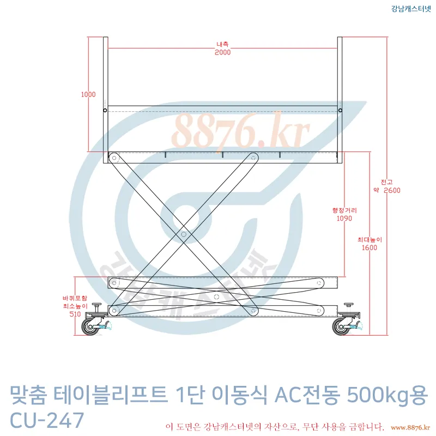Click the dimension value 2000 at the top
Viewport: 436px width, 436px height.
[x=222, y=52]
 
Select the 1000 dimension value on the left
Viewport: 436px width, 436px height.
[x=88, y=94]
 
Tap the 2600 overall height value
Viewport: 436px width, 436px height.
[x=392, y=190]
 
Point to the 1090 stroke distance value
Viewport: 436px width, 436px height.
[x=344, y=219]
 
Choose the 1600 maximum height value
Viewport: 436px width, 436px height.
[x=370, y=248]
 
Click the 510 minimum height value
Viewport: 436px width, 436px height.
[x=75, y=314]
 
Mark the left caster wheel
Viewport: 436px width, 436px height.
[x=89, y=327]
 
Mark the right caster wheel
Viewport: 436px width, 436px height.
[x=341, y=327]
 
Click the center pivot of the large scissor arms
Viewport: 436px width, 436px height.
[x=184, y=234]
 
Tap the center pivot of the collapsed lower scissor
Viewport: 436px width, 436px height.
[x=216, y=297]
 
